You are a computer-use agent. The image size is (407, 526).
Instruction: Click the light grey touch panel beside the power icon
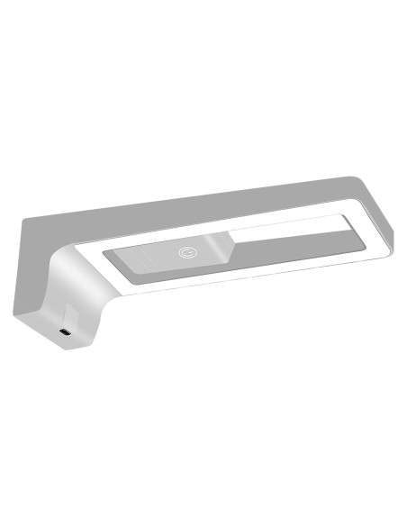[x=149, y=259]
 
